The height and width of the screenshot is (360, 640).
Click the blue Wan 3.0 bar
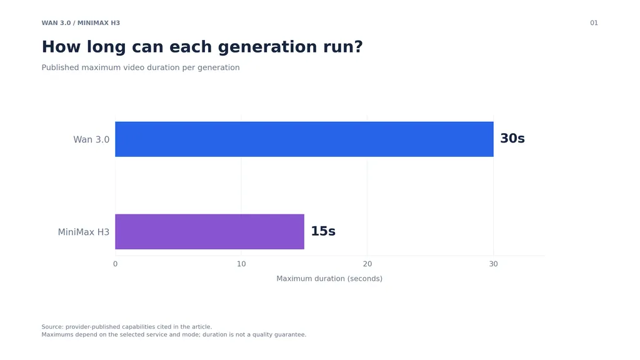(304, 139)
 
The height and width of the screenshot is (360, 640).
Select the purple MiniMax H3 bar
(209, 232)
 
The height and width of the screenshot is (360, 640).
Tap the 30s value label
(512, 138)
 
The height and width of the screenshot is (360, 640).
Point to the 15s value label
(323, 231)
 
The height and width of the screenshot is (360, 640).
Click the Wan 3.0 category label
(91, 139)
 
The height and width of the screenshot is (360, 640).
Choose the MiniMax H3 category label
(84, 232)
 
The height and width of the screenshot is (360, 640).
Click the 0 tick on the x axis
(115, 264)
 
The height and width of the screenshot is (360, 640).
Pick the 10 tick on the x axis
(241, 264)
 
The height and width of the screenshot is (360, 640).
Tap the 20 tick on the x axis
(367, 264)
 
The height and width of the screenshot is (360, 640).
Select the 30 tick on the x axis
(494, 264)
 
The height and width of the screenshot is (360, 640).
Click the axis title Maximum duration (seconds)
(329, 279)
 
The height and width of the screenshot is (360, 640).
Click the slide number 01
(594, 23)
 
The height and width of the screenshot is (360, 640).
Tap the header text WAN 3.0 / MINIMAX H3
(81, 23)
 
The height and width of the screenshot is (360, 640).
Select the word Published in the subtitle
(61, 67)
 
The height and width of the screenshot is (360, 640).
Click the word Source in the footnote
(52, 327)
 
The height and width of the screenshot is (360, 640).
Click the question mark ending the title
(358, 46)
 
